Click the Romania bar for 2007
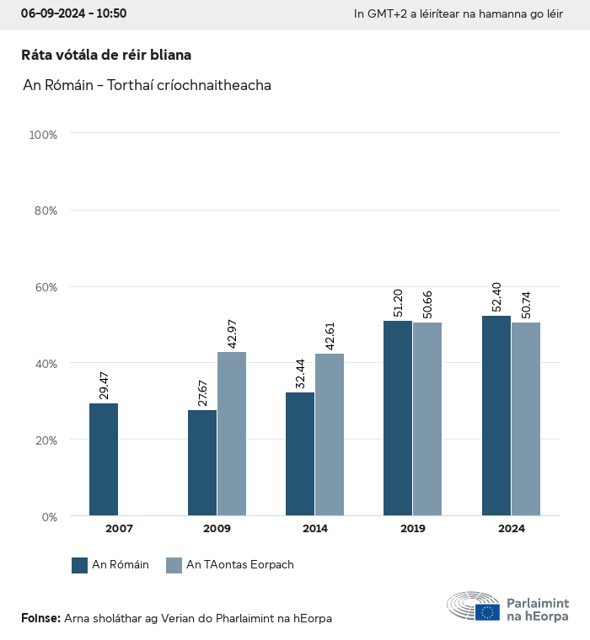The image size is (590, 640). pos(104,459)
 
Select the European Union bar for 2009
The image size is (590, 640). pos(232,434)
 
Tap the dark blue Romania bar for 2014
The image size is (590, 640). pos(300,454)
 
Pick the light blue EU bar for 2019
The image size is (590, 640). pos(427,419)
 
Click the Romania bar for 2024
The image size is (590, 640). pos(496,415)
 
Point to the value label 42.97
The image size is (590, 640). pos(233,329)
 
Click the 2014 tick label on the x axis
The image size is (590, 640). pos(315,529)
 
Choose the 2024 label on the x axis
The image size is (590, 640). pos(511,529)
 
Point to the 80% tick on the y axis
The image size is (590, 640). pos(44,211)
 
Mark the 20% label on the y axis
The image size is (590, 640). pos(44,440)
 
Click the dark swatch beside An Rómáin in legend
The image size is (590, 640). pos(80,565)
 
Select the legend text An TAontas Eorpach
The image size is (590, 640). pos(240,565)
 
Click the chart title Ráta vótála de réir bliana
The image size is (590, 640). pos(106,55)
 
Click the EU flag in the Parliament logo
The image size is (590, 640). pos(487,612)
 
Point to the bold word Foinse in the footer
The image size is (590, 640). pos(40,619)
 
